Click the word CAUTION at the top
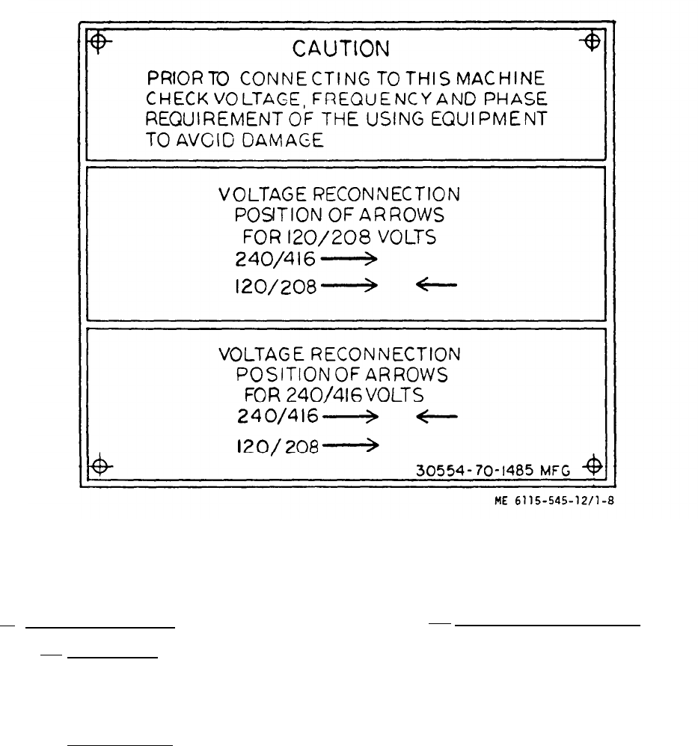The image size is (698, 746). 340,49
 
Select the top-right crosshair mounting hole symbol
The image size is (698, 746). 591,39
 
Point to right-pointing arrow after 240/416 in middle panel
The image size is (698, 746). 350,259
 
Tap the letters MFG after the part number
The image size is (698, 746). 557,472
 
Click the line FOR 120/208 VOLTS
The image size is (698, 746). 339,238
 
